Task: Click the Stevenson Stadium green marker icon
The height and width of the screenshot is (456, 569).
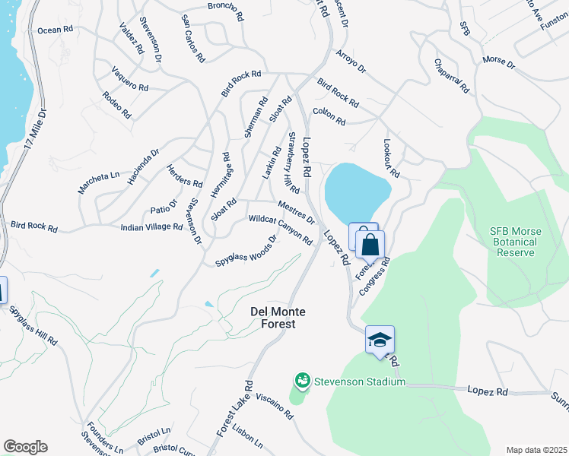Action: coord(302,379)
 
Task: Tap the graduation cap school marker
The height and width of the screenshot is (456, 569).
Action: coord(380,339)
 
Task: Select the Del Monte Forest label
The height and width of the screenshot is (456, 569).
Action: coord(273,317)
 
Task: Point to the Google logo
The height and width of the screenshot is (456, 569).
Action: coord(25,447)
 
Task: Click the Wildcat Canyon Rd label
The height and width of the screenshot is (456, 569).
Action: coord(281,230)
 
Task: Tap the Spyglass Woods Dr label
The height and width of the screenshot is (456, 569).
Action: coord(246,250)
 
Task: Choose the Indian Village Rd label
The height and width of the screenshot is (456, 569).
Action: coord(151,227)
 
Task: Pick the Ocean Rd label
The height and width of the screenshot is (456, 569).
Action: coord(55,30)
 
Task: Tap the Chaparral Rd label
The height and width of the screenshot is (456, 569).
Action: coord(451,76)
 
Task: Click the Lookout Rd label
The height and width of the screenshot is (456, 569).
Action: coord(393,157)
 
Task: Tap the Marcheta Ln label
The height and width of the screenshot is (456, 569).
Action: coord(99,182)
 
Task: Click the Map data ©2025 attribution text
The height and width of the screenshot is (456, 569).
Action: coord(537,450)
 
